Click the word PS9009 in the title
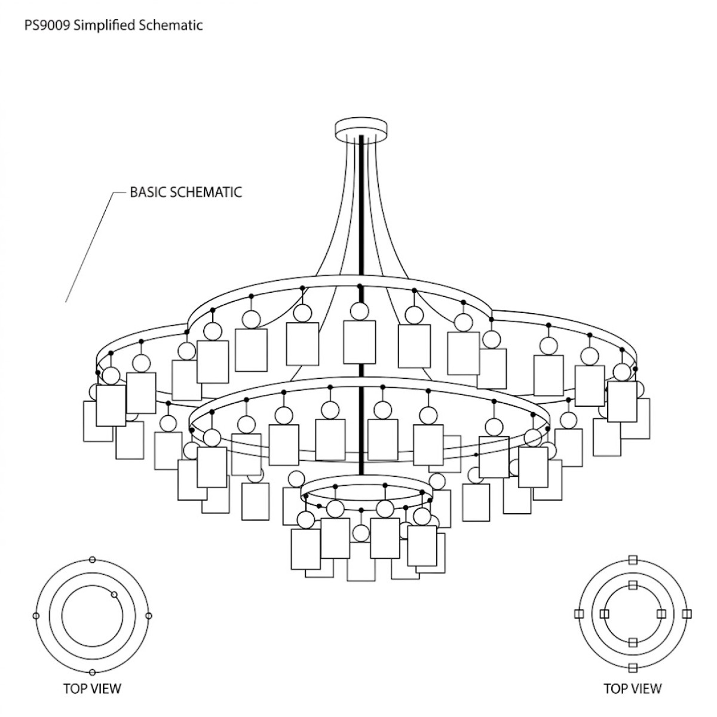[46, 25]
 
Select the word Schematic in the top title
[173, 25]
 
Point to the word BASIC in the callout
[148, 192]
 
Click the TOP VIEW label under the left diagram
[92, 688]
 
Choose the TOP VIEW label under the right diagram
[633, 688]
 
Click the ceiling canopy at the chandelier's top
[361, 128]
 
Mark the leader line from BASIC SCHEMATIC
[90, 245]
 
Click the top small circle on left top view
[92, 560]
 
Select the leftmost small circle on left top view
[36, 615]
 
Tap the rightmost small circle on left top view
[149, 615]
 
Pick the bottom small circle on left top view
[92, 672]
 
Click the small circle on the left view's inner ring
[114, 594]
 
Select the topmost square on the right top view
[633, 560]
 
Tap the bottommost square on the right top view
[633, 667]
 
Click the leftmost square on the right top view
[578, 614]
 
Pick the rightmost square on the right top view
[687, 614]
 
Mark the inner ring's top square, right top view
[633, 584]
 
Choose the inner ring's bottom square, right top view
[633, 643]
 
